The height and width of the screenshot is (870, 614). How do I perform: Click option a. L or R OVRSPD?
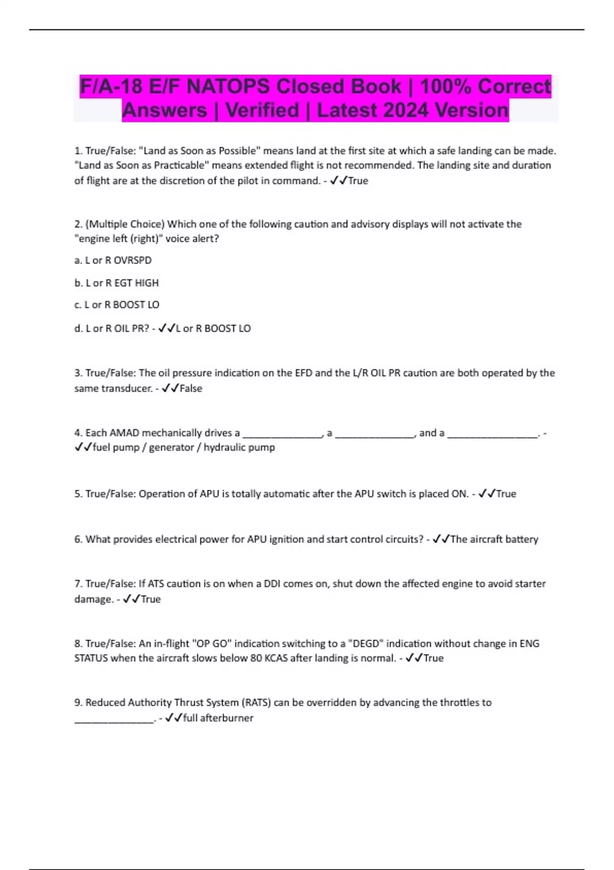point(113,260)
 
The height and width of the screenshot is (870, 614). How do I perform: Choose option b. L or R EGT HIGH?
point(117,283)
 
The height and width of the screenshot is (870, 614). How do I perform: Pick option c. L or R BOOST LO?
point(117,305)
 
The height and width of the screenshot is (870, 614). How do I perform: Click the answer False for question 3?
point(191,388)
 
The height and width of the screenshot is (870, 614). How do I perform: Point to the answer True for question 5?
point(506,494)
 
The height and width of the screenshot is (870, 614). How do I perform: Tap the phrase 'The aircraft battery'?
point(494,539)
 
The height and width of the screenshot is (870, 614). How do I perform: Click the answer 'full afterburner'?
point(218,718)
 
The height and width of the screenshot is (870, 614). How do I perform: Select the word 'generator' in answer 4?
point(171,447)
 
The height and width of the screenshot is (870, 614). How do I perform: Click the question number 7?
point(78,584)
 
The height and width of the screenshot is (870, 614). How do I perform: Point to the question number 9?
point(78,703)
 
